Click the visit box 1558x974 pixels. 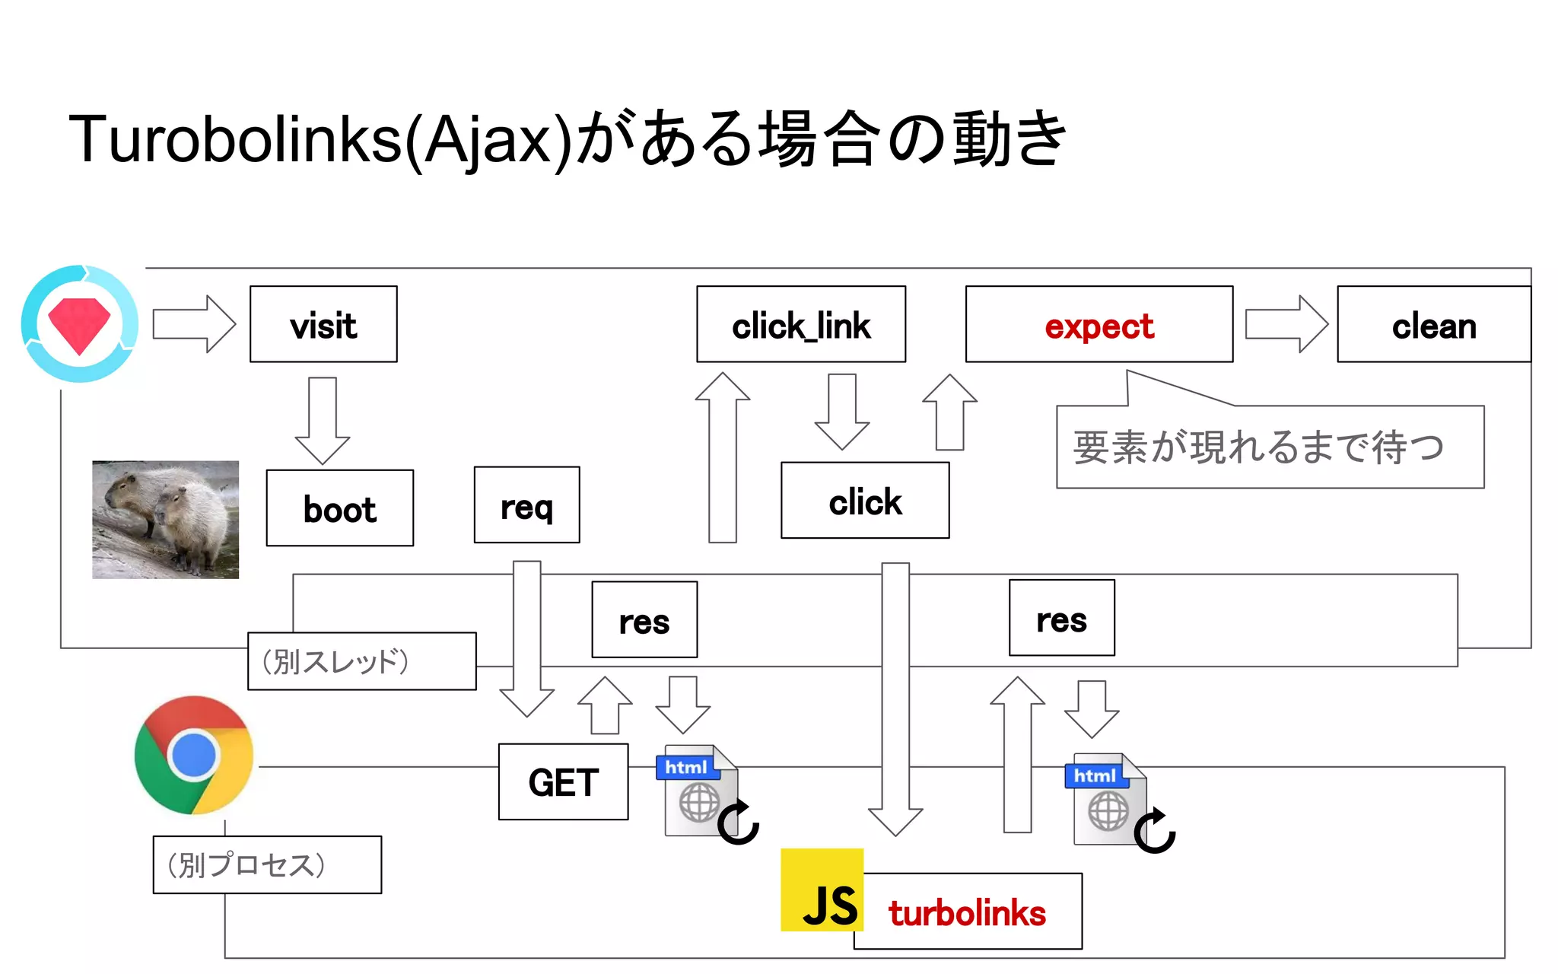(323, 325)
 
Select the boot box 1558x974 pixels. (339, 508)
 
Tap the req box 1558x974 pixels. (526, 505)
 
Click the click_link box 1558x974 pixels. (800, 325)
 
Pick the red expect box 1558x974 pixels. (1099, 325)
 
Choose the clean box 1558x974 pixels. (1433, 325)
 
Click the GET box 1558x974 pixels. (563, 782)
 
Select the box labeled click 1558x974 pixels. (865, 501)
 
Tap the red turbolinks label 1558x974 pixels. (967, 912)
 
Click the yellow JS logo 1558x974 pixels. (822, 890)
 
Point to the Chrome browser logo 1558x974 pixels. (194, 755)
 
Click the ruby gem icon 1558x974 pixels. (80, 324)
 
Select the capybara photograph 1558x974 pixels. (165, 520)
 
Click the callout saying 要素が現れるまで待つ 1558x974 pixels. (1269, 447)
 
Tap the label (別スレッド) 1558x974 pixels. (361, 661)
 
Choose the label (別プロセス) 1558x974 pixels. (267, 865)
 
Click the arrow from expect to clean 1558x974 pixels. (1286, 325)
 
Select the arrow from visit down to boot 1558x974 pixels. (323, 419)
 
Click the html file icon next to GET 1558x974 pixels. (698, 791)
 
